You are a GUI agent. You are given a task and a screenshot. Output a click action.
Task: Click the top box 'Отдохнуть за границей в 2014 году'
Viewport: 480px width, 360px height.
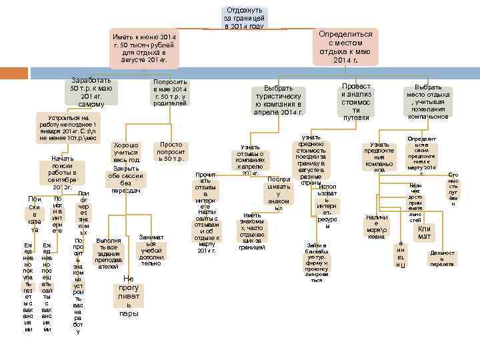[x=245, y=18]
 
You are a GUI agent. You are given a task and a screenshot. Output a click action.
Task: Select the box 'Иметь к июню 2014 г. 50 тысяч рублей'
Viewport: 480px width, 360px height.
[x=145, y=48]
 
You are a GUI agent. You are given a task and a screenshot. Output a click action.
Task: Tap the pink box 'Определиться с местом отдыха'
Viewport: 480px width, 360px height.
[x=345, y=46]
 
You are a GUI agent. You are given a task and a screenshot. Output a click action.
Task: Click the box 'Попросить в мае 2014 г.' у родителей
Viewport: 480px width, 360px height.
[x=171, y=94]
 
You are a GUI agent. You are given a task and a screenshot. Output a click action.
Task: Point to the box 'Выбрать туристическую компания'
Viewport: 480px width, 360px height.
[x=279, y=100]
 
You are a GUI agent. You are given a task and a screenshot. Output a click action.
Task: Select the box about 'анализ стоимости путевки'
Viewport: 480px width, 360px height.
[x=356, y=102]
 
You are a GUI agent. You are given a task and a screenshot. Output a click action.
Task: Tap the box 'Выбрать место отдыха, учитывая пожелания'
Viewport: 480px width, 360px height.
[x=428, y=101]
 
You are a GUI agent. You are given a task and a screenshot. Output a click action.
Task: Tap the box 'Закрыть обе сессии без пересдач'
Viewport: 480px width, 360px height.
[x=126, y=179]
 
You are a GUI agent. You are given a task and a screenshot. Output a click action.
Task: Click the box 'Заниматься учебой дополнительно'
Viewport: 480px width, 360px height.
[x=152, y=250]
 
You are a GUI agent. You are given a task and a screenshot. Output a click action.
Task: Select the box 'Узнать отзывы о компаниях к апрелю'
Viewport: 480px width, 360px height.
[x=251, y=161]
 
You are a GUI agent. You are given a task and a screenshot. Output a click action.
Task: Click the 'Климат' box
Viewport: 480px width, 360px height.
[x=424, y=232]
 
